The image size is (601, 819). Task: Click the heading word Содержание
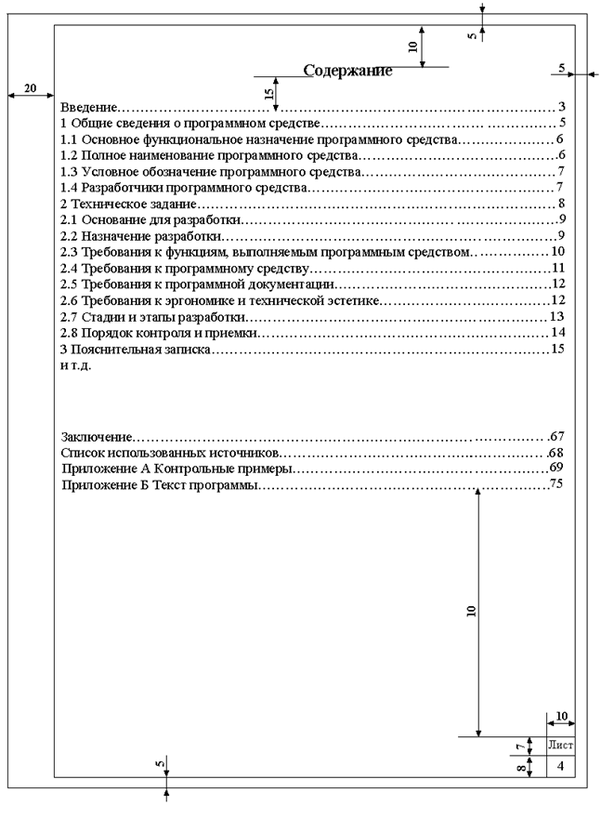click(x=347, y=71)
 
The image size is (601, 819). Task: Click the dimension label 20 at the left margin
click(x=30, y=88)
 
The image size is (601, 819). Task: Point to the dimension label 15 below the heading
click(x=268, y=93)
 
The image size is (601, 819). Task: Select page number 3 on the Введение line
click(x=563, y=107)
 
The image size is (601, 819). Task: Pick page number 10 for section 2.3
click(x=558, y=251)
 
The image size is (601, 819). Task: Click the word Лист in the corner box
click(x=561, y=745)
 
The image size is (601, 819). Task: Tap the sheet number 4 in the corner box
click(x=561, y=766)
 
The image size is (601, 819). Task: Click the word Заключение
click(x=96, y=435)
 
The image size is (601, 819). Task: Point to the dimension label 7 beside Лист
click(x=520, y=746)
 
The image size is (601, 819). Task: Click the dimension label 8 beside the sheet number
click(x=520, y=767)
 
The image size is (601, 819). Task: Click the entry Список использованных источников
click(x=170, y=452)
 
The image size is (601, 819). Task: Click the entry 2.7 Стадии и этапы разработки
click(x=152, y=316)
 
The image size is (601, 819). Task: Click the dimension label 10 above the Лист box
click(x=561, y=716)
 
